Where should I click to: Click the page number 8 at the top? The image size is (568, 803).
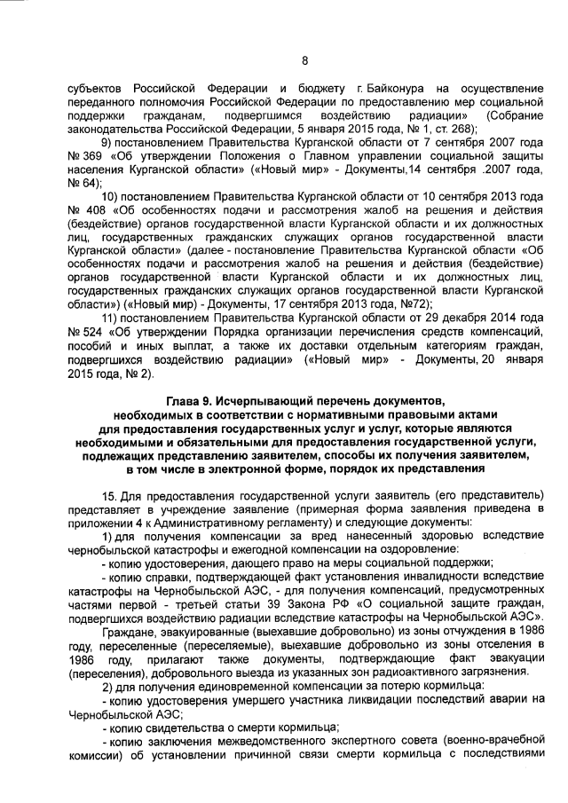pyautogui.click(x=304, y=60)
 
